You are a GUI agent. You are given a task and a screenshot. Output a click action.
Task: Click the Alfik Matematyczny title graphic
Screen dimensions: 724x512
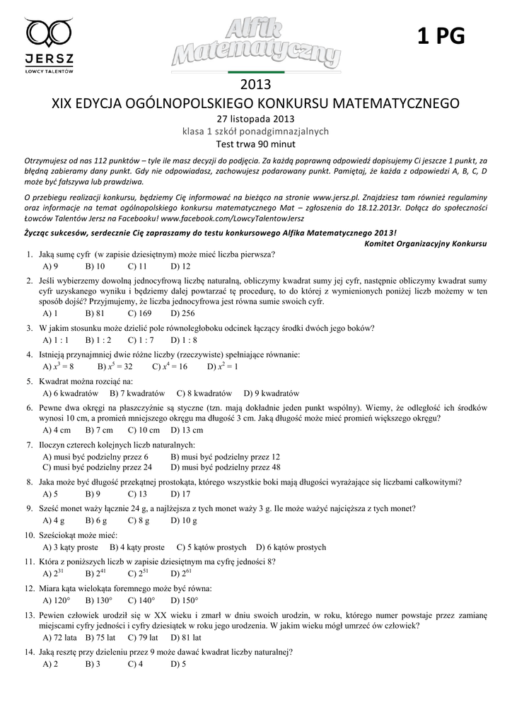pos(256,44)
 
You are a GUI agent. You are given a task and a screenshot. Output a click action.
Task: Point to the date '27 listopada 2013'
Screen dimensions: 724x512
pos(255,118)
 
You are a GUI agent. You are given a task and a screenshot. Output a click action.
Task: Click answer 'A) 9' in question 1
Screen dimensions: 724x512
pos(50,267)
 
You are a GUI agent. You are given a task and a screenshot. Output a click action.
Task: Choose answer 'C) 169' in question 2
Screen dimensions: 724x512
pos(140,313)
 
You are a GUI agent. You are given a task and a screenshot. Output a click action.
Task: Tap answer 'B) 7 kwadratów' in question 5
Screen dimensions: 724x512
pos(137,393)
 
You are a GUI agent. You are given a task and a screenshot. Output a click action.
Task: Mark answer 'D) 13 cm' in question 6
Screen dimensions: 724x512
pos(187,430)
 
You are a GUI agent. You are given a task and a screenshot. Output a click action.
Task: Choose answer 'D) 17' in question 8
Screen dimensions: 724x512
pos(180,494)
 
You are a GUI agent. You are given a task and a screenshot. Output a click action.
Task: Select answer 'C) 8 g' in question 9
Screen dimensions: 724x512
pos(139,521)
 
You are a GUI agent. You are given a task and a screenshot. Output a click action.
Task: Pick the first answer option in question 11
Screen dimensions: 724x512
pos(54,573)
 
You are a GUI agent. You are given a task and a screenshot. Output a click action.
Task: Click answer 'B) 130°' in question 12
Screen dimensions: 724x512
pos(98,600)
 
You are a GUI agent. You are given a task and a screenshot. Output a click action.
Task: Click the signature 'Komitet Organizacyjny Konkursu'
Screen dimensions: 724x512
pos(426,243)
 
